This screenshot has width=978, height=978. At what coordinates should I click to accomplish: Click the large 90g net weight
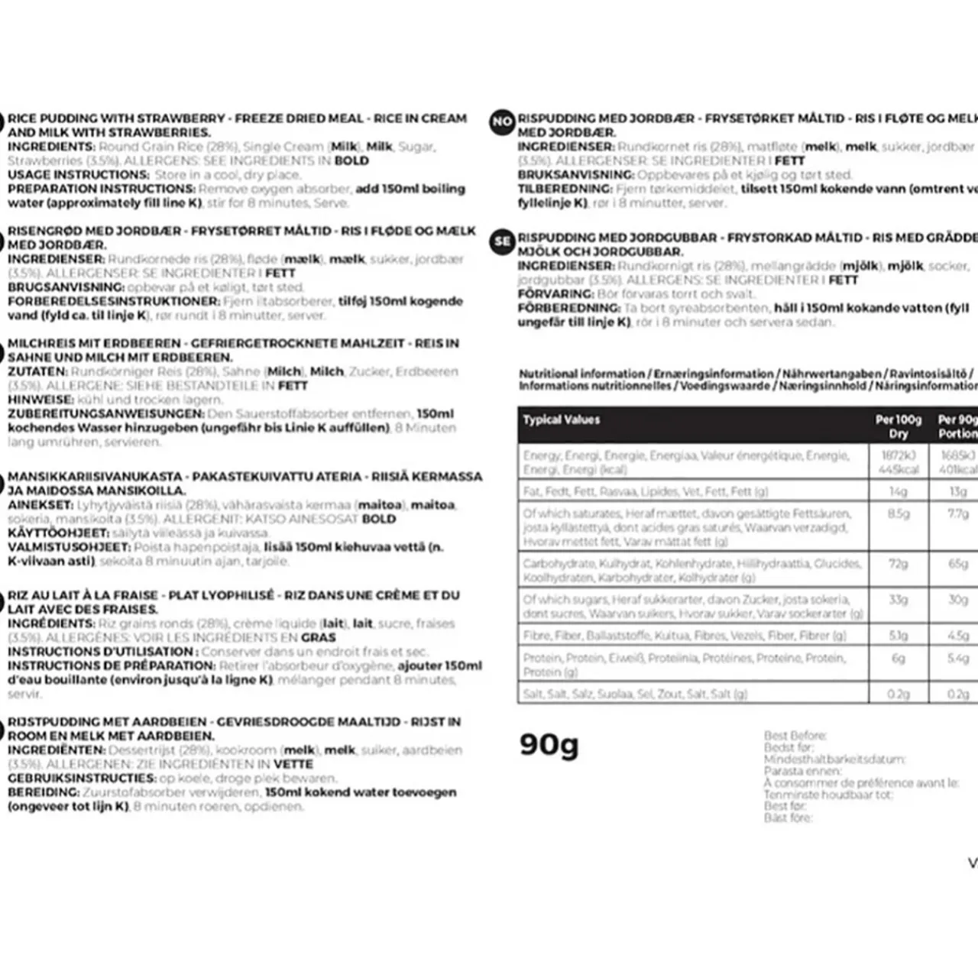(549, 743)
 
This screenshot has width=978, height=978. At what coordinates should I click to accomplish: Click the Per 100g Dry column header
(899, 426)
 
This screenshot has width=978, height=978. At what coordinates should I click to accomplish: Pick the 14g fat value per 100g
(899, 491)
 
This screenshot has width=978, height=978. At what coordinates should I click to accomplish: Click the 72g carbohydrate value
(899, 564)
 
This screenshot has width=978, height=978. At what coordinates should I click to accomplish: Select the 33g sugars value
(899, 600)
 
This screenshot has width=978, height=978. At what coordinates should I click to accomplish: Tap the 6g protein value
(899, 658)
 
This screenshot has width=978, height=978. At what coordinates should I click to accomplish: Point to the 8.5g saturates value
(899, 514)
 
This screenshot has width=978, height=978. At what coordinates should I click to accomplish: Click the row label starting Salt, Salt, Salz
(634, 694)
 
